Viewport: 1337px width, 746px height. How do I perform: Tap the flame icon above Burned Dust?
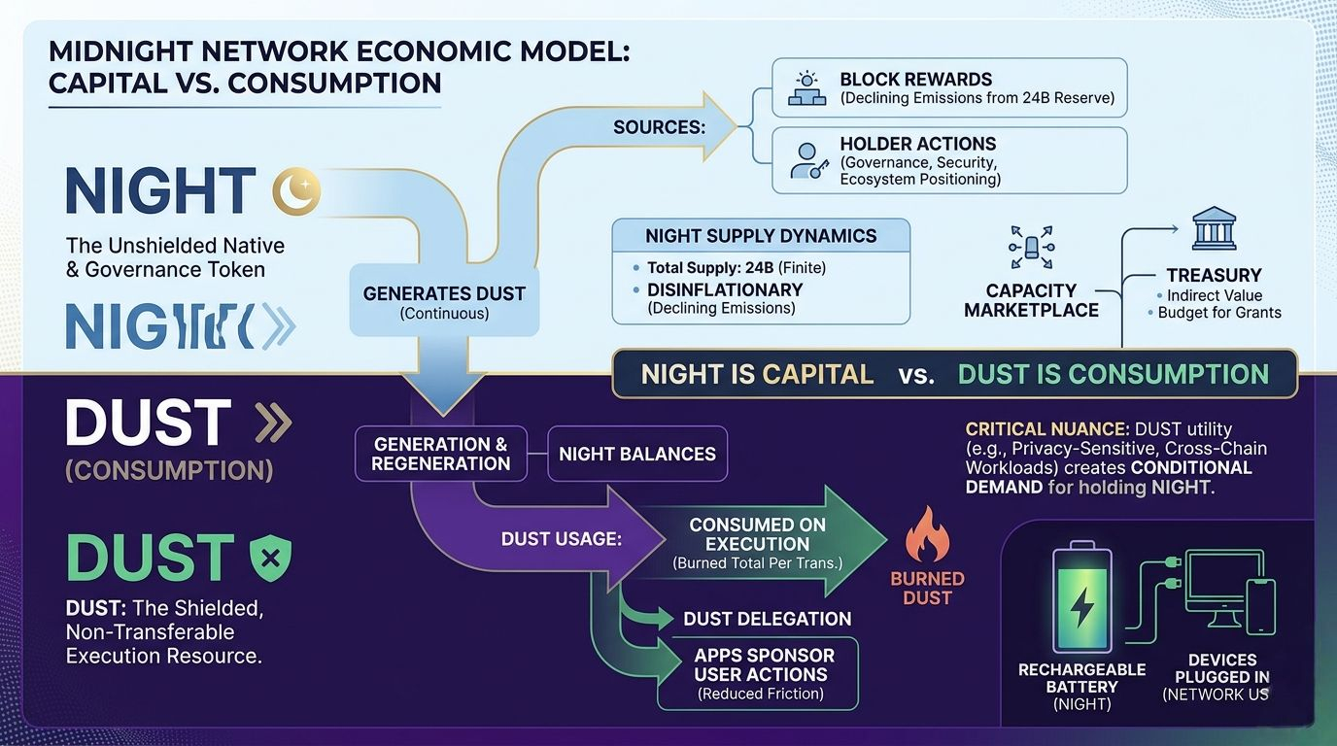tap(926, 535)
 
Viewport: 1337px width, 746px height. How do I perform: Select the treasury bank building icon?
tap(1214, 228)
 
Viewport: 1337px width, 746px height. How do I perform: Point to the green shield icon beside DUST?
tap(269, 559)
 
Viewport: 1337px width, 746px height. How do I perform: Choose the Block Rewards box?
tap(949, 87)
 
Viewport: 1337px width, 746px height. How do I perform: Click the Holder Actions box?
tap(949, 160)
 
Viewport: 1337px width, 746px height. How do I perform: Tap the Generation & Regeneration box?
tap(440, 454)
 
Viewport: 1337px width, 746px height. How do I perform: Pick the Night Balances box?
tap(637, 454)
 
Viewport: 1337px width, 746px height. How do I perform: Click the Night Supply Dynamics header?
tap(761, 236)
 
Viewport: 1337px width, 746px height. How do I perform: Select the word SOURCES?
tap(659, 127)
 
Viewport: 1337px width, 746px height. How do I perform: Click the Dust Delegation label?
tap(767, 619)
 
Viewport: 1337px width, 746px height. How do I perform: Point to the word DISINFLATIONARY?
tap(725, 289)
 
